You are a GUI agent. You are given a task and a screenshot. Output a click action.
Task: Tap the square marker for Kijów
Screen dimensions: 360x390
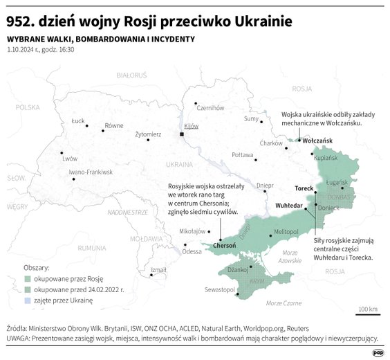(182, 134)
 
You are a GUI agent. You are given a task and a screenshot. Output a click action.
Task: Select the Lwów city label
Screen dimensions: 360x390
(70, 158)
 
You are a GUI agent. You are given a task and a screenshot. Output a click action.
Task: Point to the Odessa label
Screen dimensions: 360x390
(192, 251)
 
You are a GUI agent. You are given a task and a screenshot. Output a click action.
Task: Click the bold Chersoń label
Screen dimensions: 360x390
(225, 245)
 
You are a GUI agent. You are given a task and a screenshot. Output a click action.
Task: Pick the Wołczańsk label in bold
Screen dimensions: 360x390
(317, 141)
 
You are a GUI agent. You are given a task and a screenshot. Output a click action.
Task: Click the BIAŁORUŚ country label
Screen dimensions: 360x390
(131, 73)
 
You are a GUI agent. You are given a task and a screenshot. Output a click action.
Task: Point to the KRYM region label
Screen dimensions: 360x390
(257, 282)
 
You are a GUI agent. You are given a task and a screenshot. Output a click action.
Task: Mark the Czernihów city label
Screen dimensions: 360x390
(211, 107)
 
